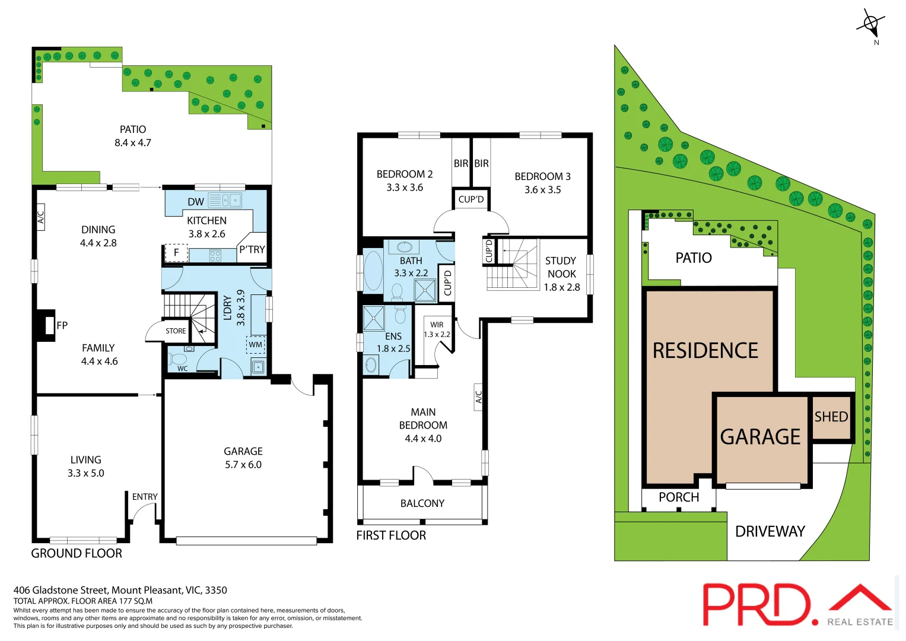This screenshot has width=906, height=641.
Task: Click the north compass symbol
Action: pos(870,24)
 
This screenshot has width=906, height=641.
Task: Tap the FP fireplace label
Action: pos(62,325)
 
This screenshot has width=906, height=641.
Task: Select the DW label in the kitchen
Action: pos(195,202)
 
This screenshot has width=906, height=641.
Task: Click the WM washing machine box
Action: pos(256,344)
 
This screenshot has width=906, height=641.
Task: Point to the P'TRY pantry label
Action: pos(252,250)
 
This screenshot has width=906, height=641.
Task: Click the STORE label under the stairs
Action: pos(176,331)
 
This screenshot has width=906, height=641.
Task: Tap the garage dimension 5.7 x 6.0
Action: pos(243,465)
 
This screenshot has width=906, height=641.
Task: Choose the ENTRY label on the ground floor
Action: pos(145,497)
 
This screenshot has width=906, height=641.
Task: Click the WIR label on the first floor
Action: pos(437,325)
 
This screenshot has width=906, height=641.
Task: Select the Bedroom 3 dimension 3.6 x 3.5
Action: pos(542,190)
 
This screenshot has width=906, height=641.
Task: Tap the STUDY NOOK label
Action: pos(561,267)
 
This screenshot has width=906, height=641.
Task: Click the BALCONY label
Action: pos(422,503)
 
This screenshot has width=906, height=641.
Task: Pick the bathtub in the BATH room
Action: pos(373,271)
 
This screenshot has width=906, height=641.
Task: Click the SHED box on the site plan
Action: pos(831,417)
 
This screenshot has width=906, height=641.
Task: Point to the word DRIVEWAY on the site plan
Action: pos(770,531)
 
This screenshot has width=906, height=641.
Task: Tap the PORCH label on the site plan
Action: pos(679,497)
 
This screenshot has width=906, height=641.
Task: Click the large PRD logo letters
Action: pos(756,604)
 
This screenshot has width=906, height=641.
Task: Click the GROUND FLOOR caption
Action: pos(77,553)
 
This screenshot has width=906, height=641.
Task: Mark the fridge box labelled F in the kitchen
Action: pos(176,253)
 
